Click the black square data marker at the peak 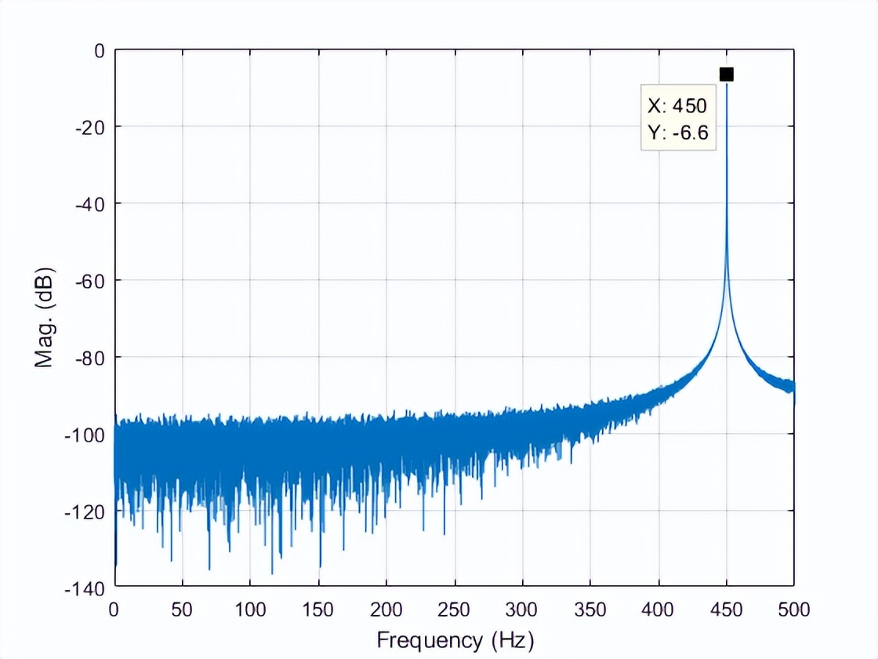coord(726,74)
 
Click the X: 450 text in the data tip coord(677,106)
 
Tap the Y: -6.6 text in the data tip coord(678,133)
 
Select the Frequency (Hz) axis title coord(455,640)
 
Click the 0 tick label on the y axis coord(98,50)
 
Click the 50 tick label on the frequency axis coord(183,608)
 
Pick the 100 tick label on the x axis coord(250,608)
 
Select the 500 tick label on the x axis coord(794,608)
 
